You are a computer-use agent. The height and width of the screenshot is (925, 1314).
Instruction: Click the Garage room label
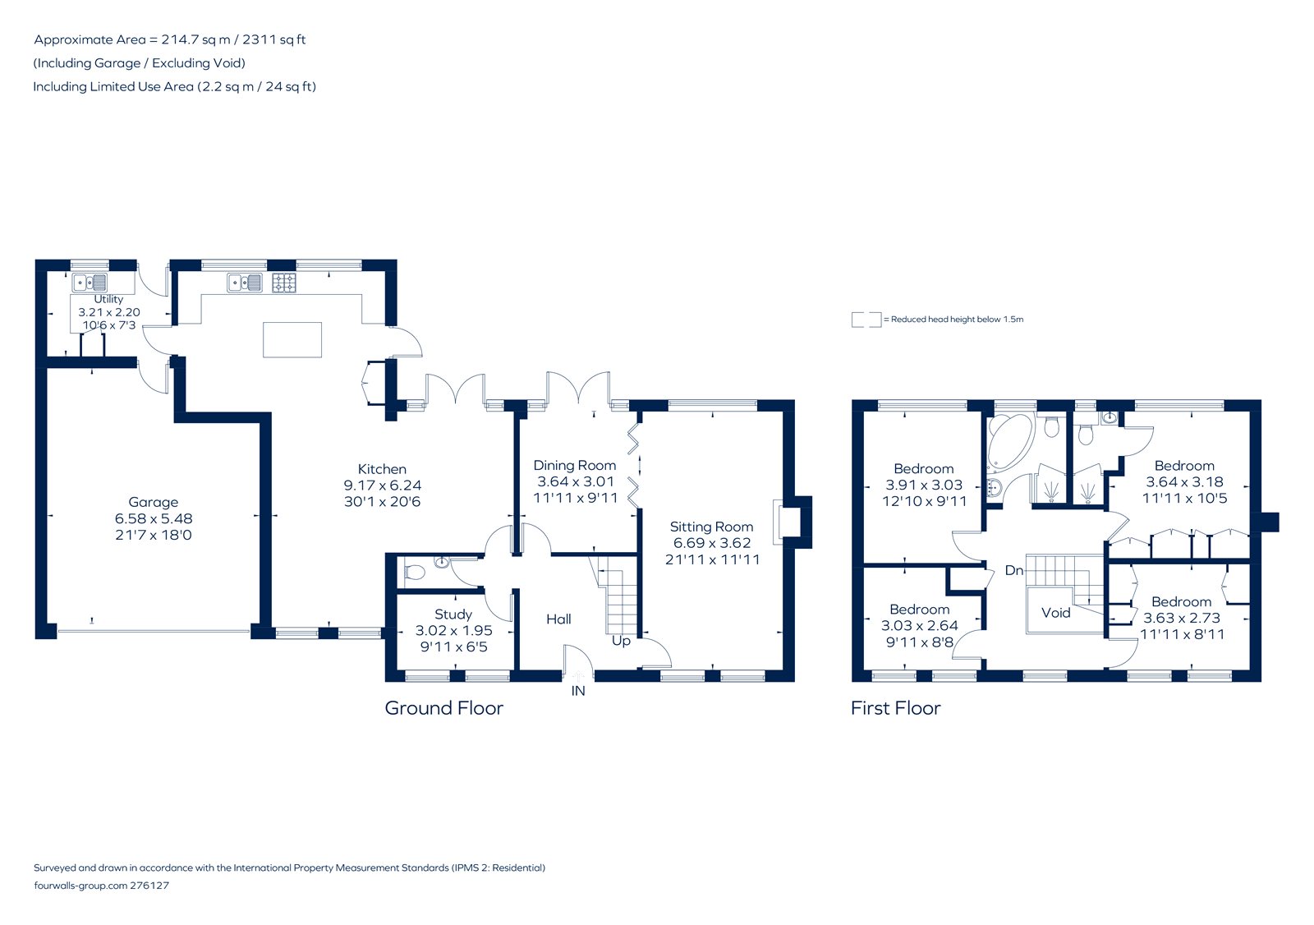click(x=153, y=502)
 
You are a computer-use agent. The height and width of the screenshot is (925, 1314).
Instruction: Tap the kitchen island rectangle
click(x=292, y=340)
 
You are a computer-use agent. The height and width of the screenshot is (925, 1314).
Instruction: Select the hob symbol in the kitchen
click(x=284, y=283)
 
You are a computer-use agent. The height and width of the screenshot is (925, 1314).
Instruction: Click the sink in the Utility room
click(x=90, y=283)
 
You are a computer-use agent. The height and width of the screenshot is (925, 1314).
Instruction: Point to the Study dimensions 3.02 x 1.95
click(x=453, y=631)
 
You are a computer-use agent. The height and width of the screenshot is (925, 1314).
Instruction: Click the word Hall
click(x=558, y=619)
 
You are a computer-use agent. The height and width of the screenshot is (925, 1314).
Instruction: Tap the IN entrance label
click(x=578, y=691)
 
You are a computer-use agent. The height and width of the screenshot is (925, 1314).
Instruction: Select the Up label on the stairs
click(x=621, y=641)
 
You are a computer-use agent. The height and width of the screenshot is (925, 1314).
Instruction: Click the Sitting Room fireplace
click(x=790, y=522)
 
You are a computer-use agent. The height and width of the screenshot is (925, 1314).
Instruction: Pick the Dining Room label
click(x=574, y=465)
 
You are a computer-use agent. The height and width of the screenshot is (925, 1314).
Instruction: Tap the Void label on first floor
click(x=1055, y=613)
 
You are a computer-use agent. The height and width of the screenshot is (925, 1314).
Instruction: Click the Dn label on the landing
click(x=1014, y=570)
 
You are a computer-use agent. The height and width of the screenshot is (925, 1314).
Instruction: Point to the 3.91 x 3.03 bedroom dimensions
click(x=924, y=486)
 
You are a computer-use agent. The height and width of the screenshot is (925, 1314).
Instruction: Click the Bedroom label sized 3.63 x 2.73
click(x=1181, y=601)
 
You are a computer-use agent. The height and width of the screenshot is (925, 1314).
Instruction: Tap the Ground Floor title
click(x=443, y=708)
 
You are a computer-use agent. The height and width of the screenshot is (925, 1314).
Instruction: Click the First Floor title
click(x=895, y=708)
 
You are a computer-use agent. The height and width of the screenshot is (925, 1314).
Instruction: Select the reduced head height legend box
click(x=866, y=320)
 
